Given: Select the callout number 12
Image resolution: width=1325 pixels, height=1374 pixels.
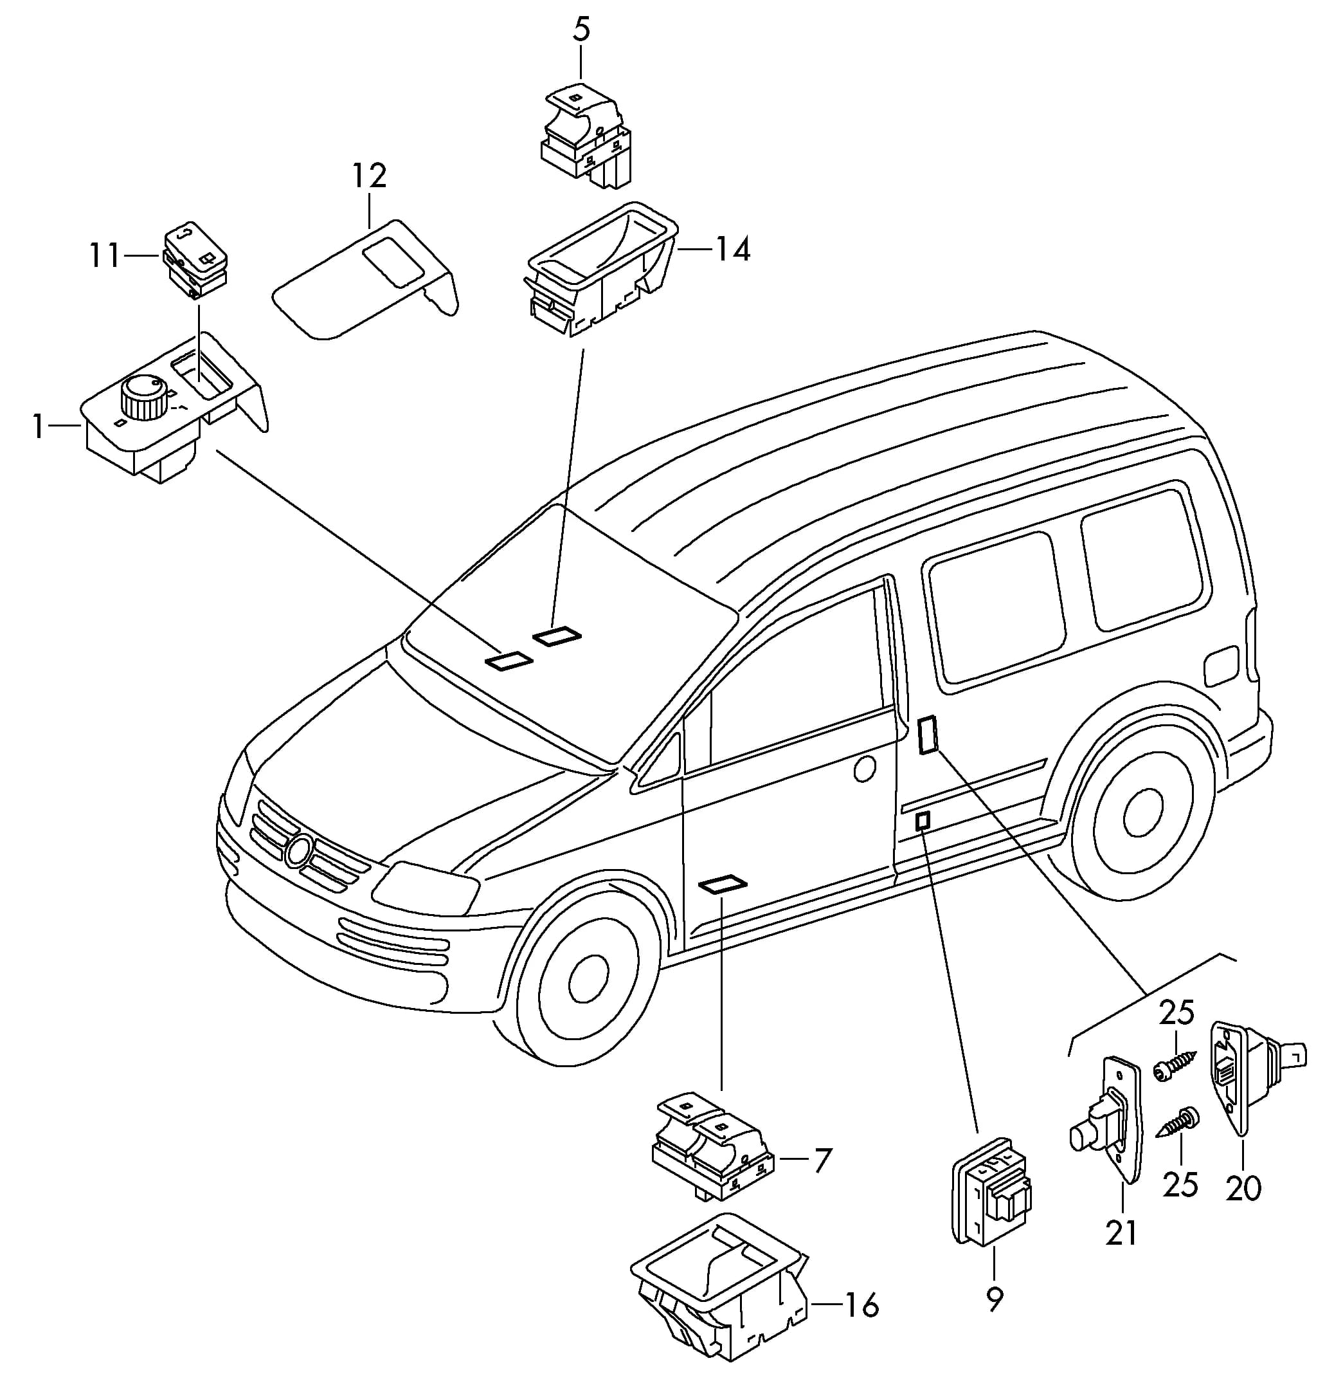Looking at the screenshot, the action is click(368, 177).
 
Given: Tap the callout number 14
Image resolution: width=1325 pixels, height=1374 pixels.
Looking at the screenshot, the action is click(732, 249).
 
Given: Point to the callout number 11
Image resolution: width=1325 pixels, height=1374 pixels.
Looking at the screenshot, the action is click(105, 256).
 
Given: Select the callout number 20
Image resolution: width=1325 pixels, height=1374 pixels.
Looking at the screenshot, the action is click(1244, 1188).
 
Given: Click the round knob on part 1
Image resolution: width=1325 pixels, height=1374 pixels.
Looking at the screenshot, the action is click(143, 397).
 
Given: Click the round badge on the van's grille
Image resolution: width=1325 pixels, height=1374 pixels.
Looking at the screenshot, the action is click(299, 851).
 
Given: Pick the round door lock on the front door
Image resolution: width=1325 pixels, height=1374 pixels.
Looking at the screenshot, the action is click(865, 769).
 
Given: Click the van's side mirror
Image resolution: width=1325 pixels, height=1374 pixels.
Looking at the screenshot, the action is click(656, 764).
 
